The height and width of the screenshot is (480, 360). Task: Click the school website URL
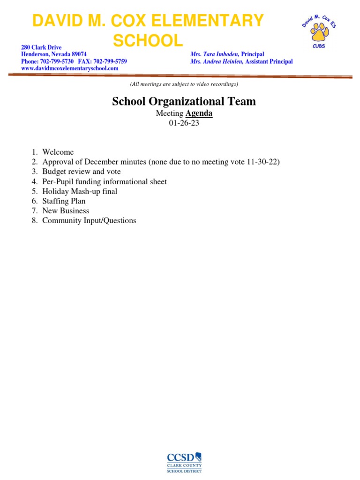tap(70, 68)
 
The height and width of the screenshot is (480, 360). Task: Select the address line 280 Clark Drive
tap(41, 48)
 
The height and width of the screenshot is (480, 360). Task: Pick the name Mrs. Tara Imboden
tap(215, 54)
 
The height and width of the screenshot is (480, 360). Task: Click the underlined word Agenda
tap(199, 113)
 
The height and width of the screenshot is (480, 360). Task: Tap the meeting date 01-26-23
tap(184, 123)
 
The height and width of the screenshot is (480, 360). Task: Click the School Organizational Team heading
tap(184, 101)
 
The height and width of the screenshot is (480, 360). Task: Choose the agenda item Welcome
tap(58, 152)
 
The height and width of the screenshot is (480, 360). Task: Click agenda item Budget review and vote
tap(82, 172)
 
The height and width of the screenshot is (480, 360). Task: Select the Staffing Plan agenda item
tap(64, 201)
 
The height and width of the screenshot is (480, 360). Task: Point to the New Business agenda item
tap(66, 211)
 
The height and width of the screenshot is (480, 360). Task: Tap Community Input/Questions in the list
tap(89, 220)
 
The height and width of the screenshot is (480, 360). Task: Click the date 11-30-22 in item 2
tap(262, 162)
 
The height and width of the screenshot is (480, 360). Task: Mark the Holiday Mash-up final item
tap(80, 191)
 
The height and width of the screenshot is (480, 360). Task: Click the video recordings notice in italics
tap(184, 84)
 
